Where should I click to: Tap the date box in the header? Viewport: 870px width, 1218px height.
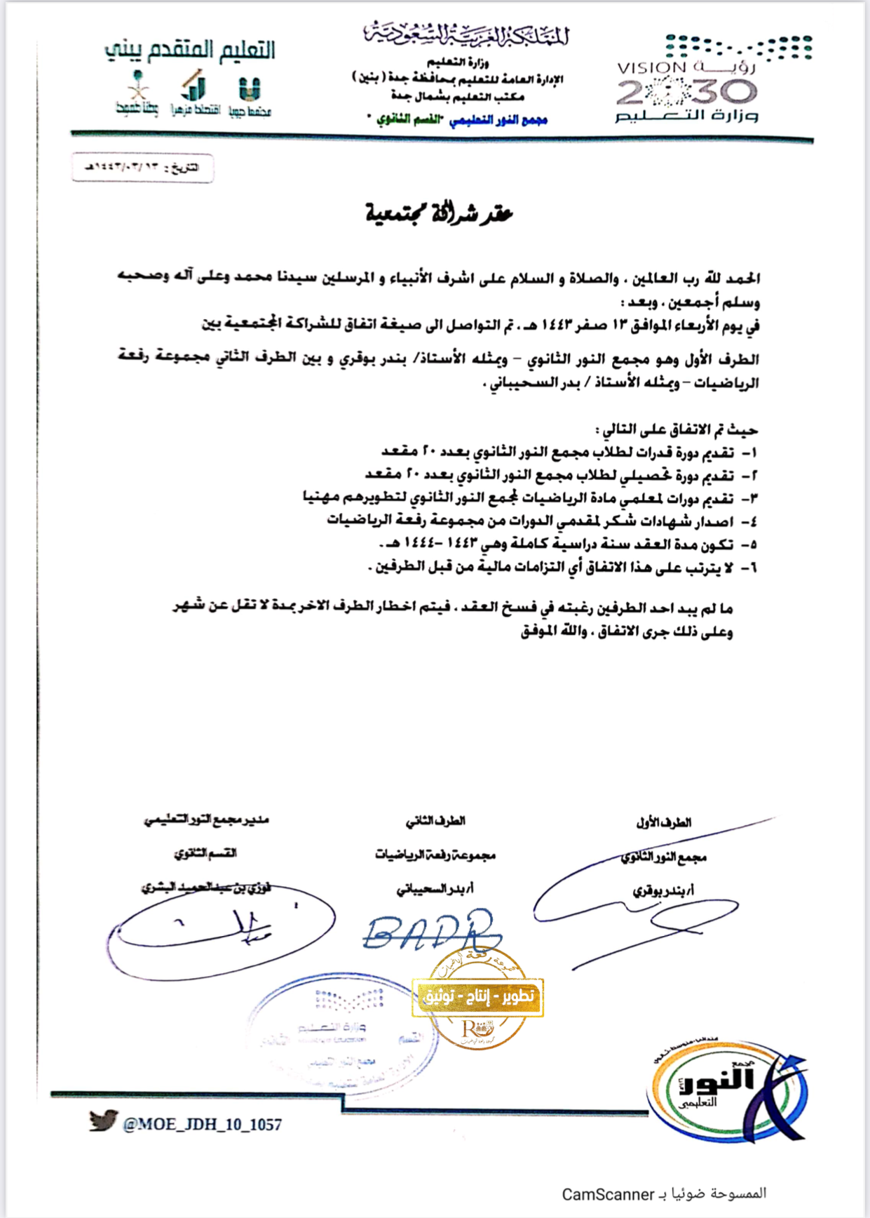coord(142,168)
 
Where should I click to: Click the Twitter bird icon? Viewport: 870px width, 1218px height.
coord(102,1121)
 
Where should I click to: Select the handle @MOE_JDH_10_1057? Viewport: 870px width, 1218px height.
coord(202,1125)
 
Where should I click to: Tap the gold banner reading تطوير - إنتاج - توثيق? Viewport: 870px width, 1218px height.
coord(477,997)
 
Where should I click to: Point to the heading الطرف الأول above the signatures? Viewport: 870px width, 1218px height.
coord(663,822)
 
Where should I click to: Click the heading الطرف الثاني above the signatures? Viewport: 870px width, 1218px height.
coord(435,821)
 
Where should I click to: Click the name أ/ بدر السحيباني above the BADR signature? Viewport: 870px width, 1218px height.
coord(435,889)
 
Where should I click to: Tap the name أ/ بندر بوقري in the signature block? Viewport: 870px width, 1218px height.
coord(663,890)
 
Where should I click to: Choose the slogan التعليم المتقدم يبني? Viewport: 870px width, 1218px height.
coord(189,51)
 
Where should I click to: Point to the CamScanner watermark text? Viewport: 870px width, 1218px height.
coord(664,1193)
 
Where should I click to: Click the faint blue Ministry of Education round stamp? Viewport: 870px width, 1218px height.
coord(341,1031)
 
